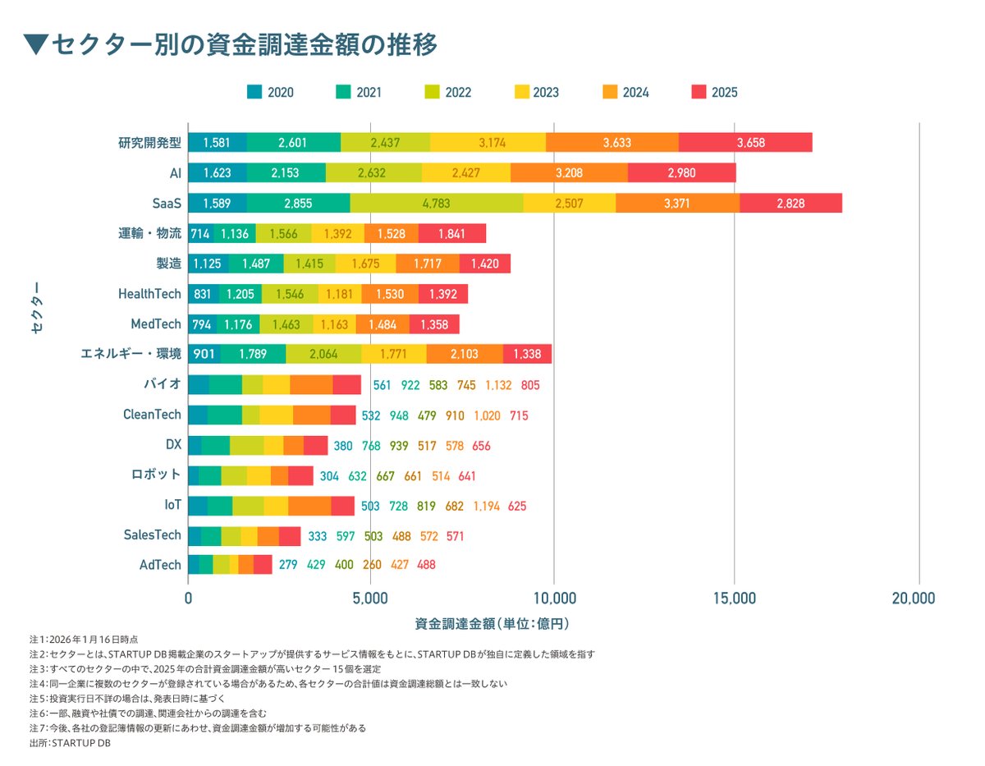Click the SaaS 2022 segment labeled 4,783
click(x=437, y=203)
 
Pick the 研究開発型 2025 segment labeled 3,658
click(x=745, y=142)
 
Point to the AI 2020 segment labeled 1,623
click(x=218, y=172)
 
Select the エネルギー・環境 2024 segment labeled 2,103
click(x=465, y=354)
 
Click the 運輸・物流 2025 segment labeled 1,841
click(x=451, y=233)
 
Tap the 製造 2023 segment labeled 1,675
click(x=365, y=264)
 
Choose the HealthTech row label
click(x=150, y=293)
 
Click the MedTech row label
click(x=155, y=323)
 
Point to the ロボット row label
click(x=155, y=475)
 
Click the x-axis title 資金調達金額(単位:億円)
click(x=492, y=624)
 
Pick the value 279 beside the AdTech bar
click(x=288, y=565)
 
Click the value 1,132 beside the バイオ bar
click(x=498, y=385)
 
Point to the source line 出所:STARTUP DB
click(x=69, y=743)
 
